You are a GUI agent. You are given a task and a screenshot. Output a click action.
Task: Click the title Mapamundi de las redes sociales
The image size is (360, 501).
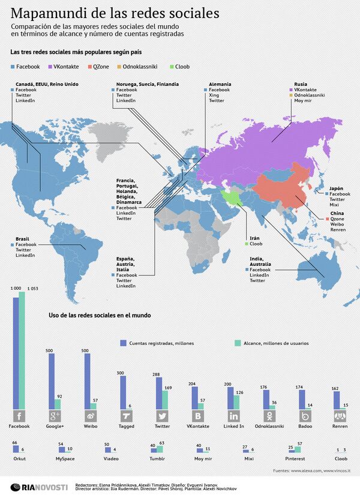[115, 13]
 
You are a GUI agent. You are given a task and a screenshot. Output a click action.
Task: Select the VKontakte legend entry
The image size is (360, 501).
[69, 66]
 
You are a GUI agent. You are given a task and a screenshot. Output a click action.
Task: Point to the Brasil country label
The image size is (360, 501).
[23, 238]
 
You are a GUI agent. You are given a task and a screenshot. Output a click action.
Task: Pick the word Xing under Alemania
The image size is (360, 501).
[214, 95]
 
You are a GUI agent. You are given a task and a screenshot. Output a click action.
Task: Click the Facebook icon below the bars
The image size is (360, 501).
[19, 417]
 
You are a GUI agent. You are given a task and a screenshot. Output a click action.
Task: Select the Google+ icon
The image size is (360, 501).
[54, 417]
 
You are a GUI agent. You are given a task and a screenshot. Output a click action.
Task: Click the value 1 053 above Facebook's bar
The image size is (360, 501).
[33, 289]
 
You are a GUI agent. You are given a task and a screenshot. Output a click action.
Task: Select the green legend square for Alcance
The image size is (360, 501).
[236, 343]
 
